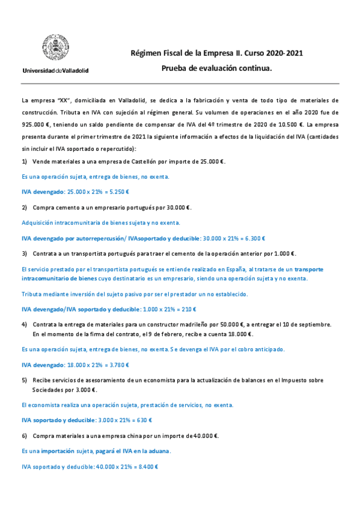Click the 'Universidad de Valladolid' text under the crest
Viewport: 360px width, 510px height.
(55, 70)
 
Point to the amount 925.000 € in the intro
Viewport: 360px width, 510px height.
(35, 124)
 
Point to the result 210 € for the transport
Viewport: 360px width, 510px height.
(189, 309)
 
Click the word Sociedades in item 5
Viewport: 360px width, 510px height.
(50, 389)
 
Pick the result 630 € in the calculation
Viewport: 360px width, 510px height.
(142, 420)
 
